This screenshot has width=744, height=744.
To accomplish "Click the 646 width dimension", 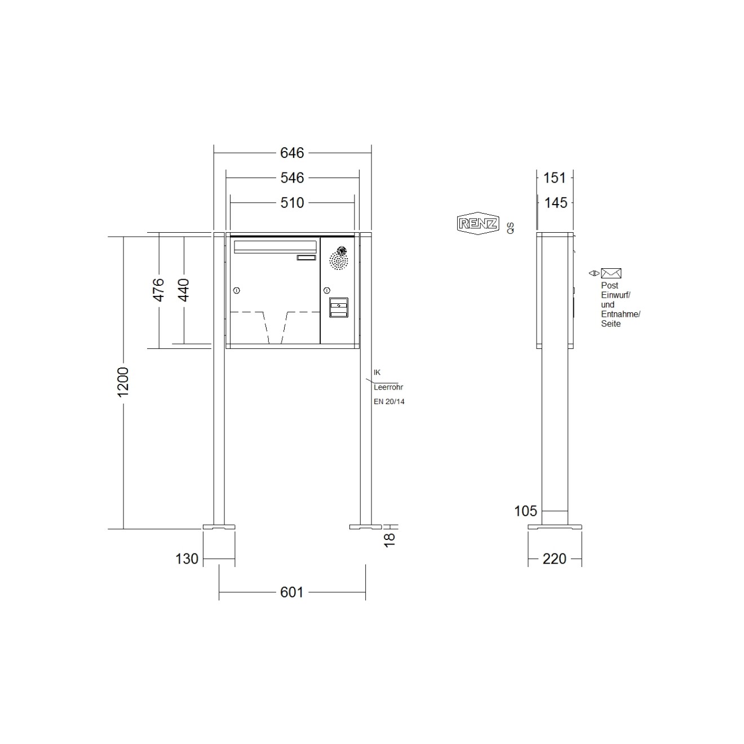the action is (292, 153).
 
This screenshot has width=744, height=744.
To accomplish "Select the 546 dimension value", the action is (292, 178).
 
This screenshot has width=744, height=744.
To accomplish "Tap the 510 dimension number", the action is (292, 203).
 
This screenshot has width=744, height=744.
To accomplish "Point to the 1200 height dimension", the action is (123, 382).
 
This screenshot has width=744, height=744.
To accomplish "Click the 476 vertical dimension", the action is (159, 290).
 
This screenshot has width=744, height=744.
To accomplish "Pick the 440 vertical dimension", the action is (184, 290).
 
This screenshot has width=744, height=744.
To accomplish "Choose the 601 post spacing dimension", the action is (292, 592).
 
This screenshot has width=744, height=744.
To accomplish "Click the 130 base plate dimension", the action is (187, 559).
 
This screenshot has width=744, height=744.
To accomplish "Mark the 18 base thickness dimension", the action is (389, 539).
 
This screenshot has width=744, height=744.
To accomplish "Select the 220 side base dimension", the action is (555, 559).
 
